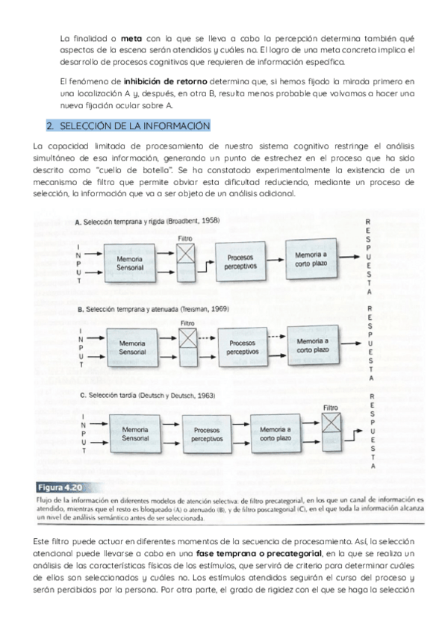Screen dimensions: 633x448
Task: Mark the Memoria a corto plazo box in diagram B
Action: click(x=313, y=346)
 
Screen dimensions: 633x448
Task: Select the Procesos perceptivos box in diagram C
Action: click(x=207, y=434)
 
